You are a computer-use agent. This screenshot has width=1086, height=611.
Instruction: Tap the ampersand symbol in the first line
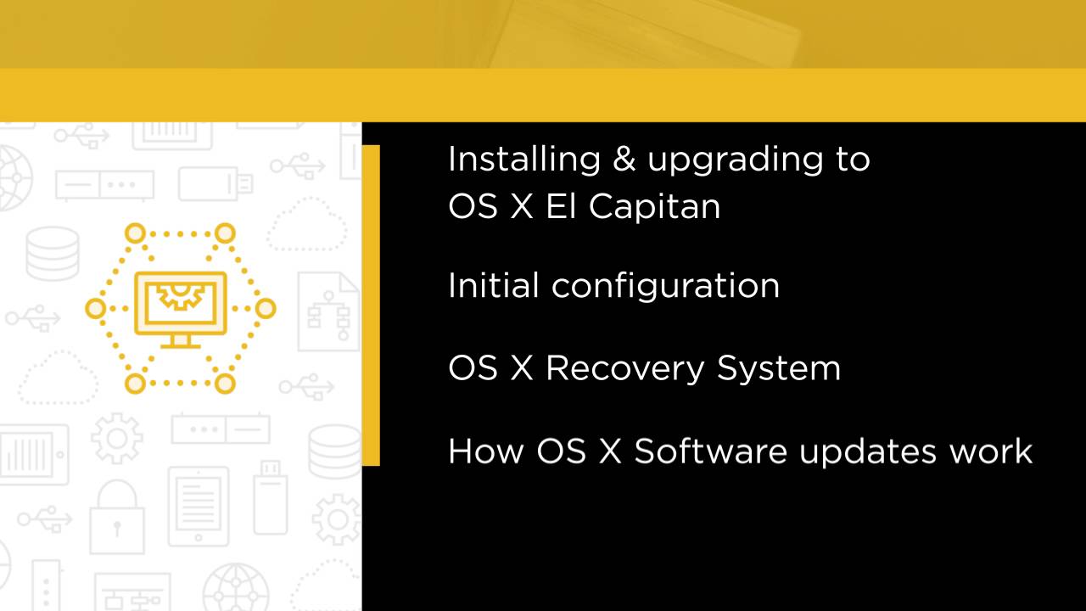[x=624, y=160]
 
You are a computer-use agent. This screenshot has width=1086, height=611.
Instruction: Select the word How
[x=485, y=451]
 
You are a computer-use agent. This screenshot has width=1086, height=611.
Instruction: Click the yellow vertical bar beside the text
[x=371, y=305]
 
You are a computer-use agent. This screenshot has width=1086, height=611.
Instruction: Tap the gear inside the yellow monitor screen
[x=181, y=298]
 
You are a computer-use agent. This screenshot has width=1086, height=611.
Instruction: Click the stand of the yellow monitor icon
[x=181, y=340]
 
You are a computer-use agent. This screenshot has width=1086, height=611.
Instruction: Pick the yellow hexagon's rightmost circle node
[x=266, y=308]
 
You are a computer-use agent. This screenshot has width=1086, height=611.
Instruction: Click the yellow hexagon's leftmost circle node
[x=95, y=308]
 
